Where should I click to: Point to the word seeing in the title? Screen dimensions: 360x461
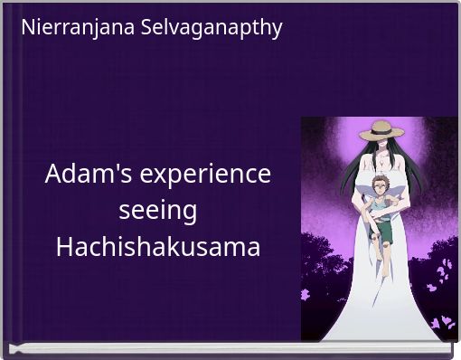pyautogui.click(x=158, y=210)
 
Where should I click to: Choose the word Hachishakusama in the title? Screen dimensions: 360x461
pyautogui.click(x=158, y=246)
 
